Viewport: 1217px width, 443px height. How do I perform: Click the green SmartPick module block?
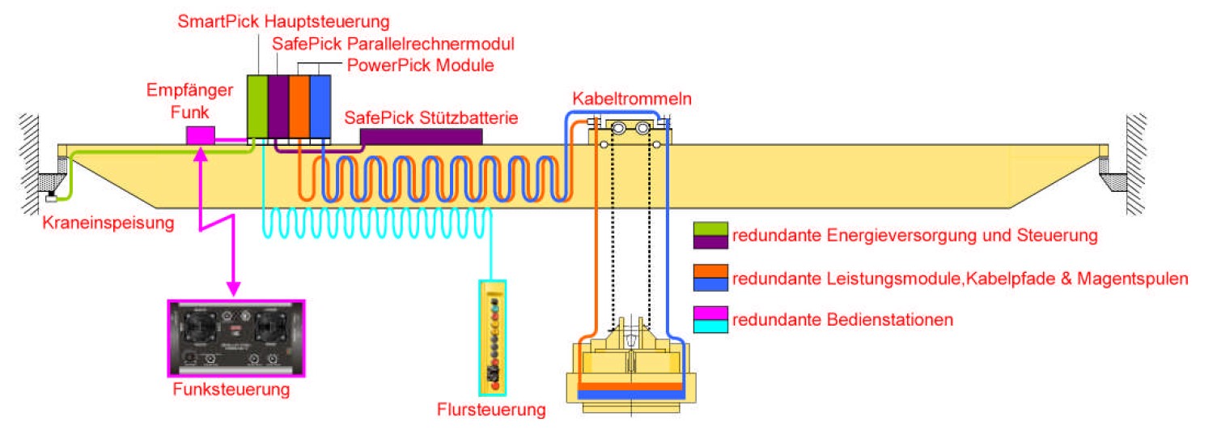coord(257,107)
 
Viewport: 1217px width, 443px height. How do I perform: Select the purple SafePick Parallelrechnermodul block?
coord(278,107)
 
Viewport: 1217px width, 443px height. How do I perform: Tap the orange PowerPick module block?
coord(299,107)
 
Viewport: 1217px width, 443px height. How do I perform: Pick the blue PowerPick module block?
coord(320,107)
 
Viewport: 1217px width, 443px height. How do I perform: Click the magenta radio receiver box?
coord(201,135)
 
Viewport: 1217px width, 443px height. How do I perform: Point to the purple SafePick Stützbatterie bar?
coord(422,136)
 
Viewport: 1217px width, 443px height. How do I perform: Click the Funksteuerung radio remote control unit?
coord(236,338)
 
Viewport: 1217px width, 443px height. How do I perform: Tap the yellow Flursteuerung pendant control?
coord(493,338)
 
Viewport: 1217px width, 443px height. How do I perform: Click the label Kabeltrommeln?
coord(632,99)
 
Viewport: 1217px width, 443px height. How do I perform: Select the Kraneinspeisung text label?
coord(108,223)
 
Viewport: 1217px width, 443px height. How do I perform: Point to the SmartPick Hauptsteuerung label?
coord(283,22)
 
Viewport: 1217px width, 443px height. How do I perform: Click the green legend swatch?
coord(710,228)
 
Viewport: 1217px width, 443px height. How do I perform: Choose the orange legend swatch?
coord(710,271)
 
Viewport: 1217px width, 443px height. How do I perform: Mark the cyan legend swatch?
coord(710,326)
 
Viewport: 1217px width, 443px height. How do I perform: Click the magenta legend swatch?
coord(710,313)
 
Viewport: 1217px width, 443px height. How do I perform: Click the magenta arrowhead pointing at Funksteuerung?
coord(234,288)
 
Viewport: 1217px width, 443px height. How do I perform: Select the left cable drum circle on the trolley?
coord(618,128)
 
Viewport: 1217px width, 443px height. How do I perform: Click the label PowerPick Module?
coord(421,66)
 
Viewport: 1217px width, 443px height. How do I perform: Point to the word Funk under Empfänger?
coord(189,113)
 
